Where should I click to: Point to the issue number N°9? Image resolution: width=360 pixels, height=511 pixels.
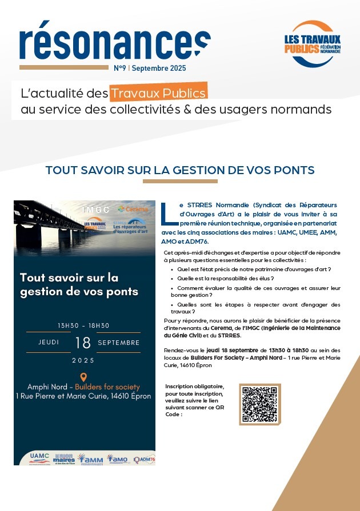[120, 68]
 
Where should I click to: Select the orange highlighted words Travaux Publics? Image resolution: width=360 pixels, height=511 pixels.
[158, 92]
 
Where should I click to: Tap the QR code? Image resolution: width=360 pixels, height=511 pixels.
[261, 404]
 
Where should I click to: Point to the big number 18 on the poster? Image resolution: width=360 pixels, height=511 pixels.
[83, 343]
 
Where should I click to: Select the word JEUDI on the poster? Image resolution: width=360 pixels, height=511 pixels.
[49, 343]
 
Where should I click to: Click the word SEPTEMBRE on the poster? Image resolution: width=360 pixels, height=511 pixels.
[119, 343]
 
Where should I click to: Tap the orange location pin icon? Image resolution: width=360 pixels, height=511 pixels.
[83, 377]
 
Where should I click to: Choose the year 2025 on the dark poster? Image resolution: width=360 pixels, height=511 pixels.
[83, 360]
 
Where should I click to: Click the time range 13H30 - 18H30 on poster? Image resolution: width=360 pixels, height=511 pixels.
[83, 325]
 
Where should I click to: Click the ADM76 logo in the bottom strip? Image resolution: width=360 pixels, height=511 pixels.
[144, 458]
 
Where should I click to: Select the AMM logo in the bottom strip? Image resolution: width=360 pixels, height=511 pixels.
[91, 458]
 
